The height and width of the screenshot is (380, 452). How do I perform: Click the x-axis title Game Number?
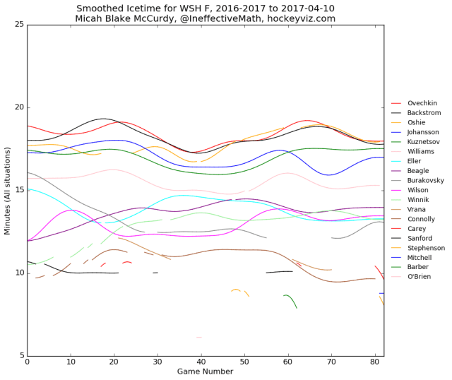tap(205, 372)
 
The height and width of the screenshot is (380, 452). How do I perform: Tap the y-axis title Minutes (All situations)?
tap(7, 191)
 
